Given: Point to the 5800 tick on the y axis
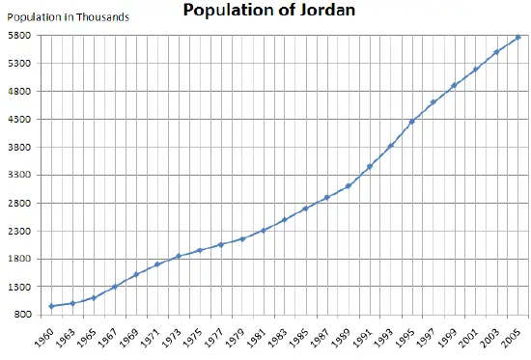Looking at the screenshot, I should (x=20, y=36).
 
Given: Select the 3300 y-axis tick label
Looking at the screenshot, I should (x=20, y=176).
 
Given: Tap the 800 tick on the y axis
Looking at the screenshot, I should (x=23, y=315).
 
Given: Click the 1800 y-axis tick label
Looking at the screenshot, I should (x=20, y=260).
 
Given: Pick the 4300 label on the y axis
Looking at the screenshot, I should (x=20, y=120).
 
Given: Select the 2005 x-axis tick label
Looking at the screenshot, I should (x=513, y=338).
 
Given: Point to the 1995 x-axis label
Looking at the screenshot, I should (x=406, y=338).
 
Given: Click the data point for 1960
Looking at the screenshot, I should (x=51, y=307).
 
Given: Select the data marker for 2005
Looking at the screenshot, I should (x=518, y=38).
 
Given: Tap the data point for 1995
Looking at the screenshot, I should (x=412, y=122).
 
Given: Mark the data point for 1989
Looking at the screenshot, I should (x=349, y=185).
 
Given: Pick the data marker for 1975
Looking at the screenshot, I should (x=200, y=250).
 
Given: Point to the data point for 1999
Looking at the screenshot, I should (x=455, y=85).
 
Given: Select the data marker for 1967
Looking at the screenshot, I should (x=115, y=287).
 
